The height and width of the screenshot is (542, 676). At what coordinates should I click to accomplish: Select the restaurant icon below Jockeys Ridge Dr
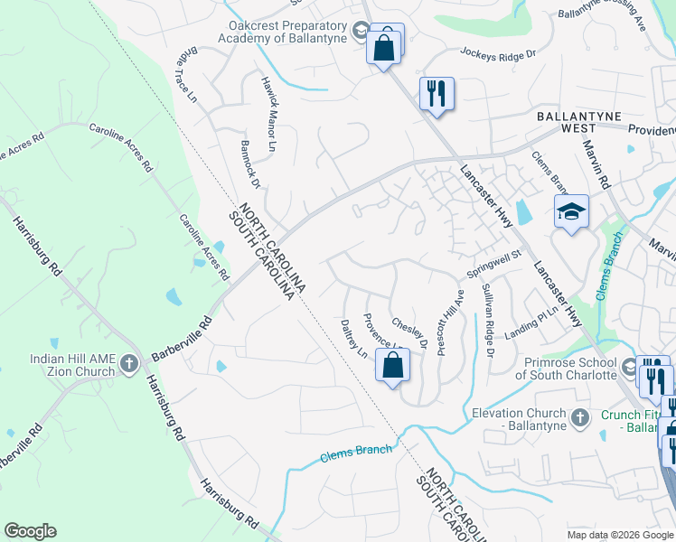coord(437,93)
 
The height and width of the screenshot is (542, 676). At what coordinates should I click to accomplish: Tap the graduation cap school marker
coord(571,212)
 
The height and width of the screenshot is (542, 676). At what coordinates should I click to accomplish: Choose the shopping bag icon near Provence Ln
coord(392,366)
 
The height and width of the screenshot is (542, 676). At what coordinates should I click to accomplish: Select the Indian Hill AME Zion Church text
coord(72,365)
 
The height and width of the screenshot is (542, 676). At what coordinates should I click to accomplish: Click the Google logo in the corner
coord(30,531)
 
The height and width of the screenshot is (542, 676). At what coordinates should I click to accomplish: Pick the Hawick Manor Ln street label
coord(268,113)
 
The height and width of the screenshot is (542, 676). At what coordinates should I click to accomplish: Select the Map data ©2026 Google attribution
coord(619,535)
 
